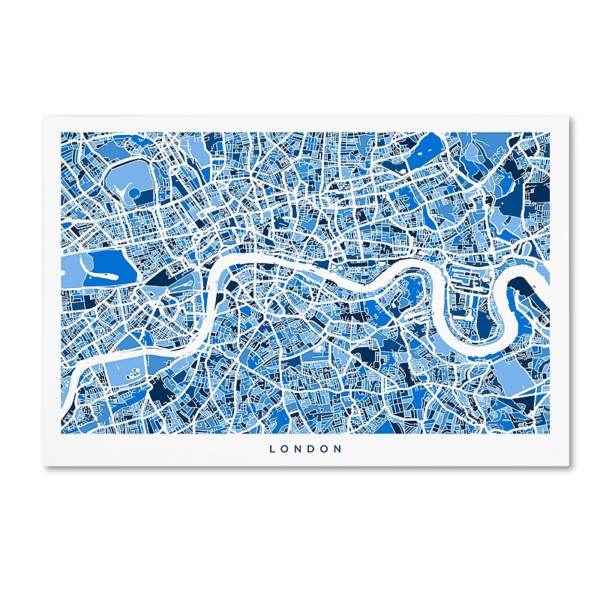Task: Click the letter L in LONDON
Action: [272, 449]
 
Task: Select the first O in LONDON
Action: [285, 449]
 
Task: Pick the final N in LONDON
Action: [339, 449]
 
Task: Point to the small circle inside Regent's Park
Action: [134, 193]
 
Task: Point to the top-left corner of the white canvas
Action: [43, 115]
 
